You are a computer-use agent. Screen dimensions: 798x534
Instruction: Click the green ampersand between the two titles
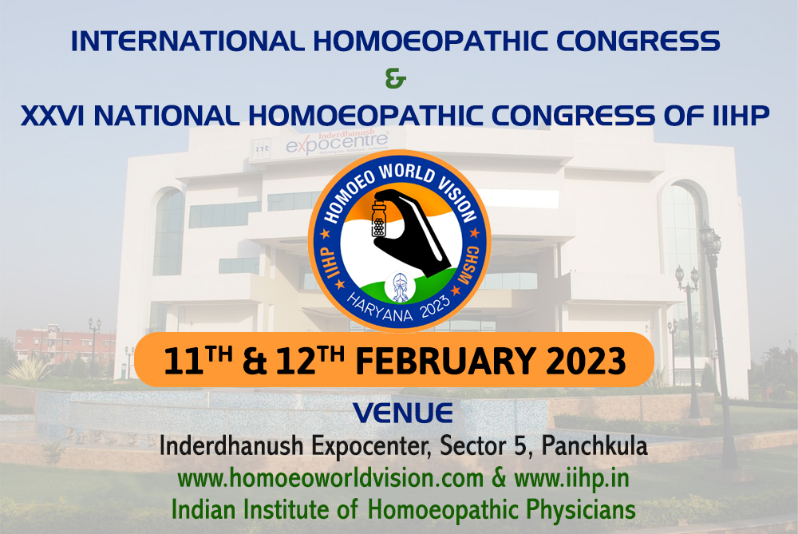[396, 79]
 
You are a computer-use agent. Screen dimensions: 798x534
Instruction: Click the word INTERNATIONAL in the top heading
[188, 42]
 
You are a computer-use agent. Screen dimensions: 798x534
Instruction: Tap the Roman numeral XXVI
[53, 116]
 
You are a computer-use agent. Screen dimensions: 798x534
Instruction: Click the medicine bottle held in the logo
[379, 219]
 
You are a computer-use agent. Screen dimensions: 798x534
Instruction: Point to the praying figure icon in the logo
[400, 287]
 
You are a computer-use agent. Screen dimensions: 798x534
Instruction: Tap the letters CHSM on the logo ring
[468, 265]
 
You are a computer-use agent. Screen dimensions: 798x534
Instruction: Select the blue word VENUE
[403, 413]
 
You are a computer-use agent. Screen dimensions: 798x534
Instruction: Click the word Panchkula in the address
[594, 446]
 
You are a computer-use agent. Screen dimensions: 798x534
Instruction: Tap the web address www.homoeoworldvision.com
[330, 478]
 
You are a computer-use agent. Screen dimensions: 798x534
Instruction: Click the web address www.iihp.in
[571, 478]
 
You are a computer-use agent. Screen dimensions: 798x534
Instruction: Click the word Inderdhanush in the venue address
[231, 446]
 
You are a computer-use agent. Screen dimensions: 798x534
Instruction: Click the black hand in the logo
[413, 231]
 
